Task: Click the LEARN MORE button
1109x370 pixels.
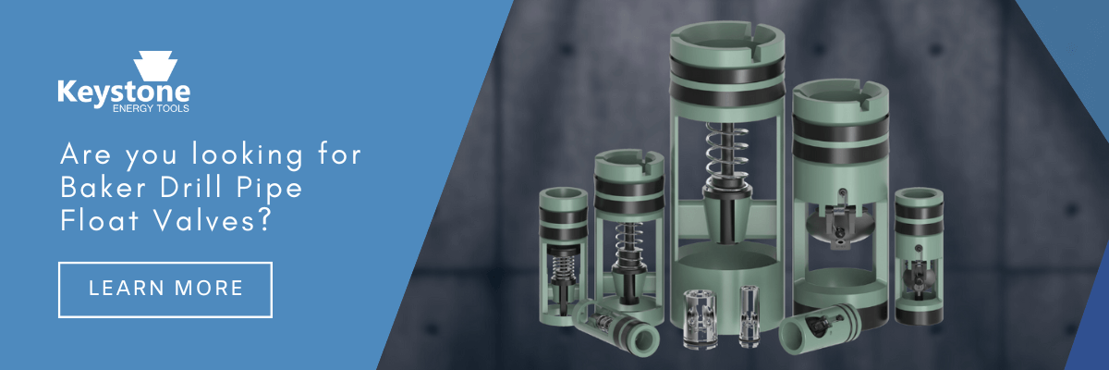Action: click(165, 289)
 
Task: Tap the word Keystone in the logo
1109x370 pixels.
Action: click(123, 92)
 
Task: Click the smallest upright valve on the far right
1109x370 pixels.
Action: click(920, 254)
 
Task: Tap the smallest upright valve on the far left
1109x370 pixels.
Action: click(565, 254)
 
